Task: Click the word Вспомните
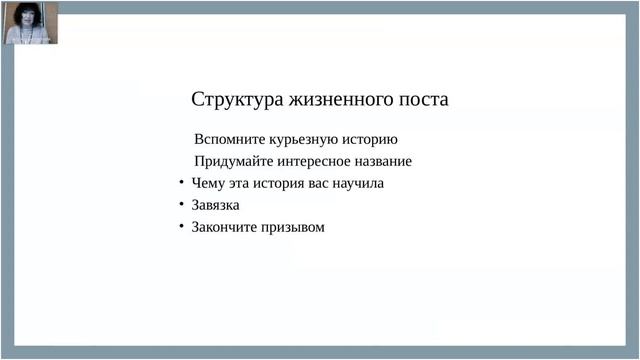(x=226, y=139)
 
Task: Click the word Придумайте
(x=231, y=161)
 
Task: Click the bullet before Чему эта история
(x=181, y=183)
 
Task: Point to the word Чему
(x=208, y=183)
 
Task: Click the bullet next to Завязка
(x=181, y=205)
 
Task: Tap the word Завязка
(x=215, y=205)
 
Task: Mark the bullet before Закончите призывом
(x=181, y=227)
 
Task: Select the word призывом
(x=293, y=227)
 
